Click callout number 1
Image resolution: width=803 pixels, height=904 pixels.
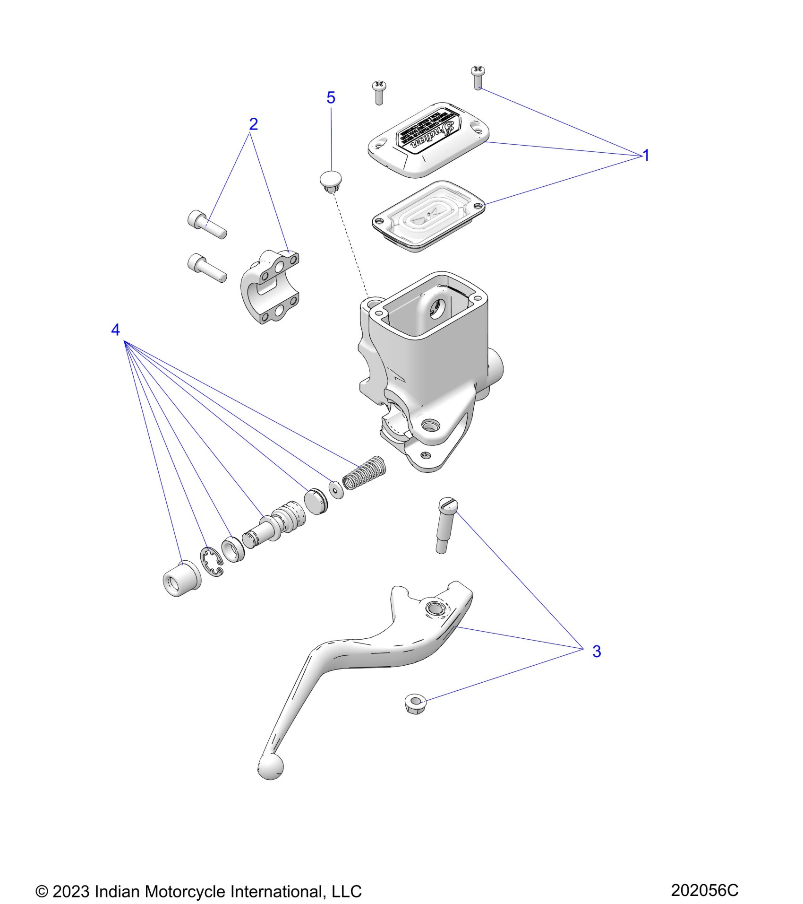[646, 156]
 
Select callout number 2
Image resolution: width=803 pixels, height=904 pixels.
[253, 124]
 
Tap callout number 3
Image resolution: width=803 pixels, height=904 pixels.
[597, 651]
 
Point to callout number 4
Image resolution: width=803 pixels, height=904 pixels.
[115, 330]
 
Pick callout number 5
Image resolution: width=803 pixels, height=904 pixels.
[331, 98]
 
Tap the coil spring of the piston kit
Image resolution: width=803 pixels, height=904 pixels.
[365, 472]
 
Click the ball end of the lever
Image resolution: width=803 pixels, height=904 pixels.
[271, 766]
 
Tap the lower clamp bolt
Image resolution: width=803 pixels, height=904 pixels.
[207, 266]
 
